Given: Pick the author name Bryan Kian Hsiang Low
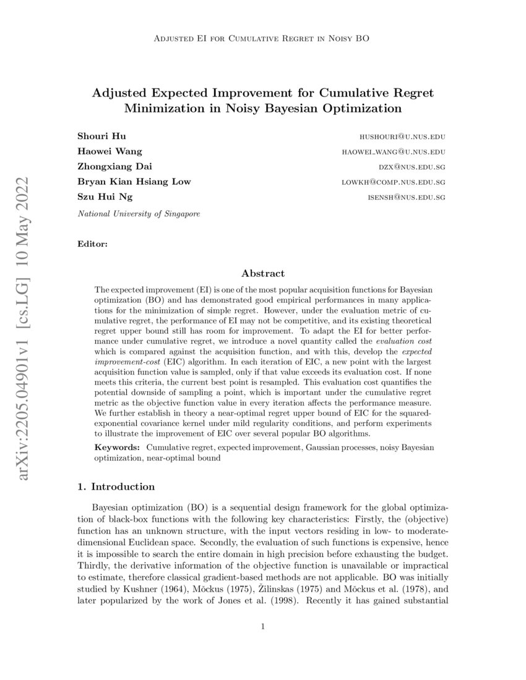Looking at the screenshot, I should tap(134, 182).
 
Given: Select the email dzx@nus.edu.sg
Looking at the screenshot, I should tap(413, 167).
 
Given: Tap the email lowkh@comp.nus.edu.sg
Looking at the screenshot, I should tap(394, 182).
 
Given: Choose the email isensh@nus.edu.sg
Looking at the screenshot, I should tap(407, 198).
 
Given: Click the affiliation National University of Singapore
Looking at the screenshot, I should tap(139, 213).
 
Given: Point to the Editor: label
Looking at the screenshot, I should tap(92, 244).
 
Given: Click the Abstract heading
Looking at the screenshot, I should tap(263, 273).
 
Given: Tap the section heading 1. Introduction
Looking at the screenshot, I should tap(116, 487).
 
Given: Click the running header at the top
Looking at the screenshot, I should tap(263, 39).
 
